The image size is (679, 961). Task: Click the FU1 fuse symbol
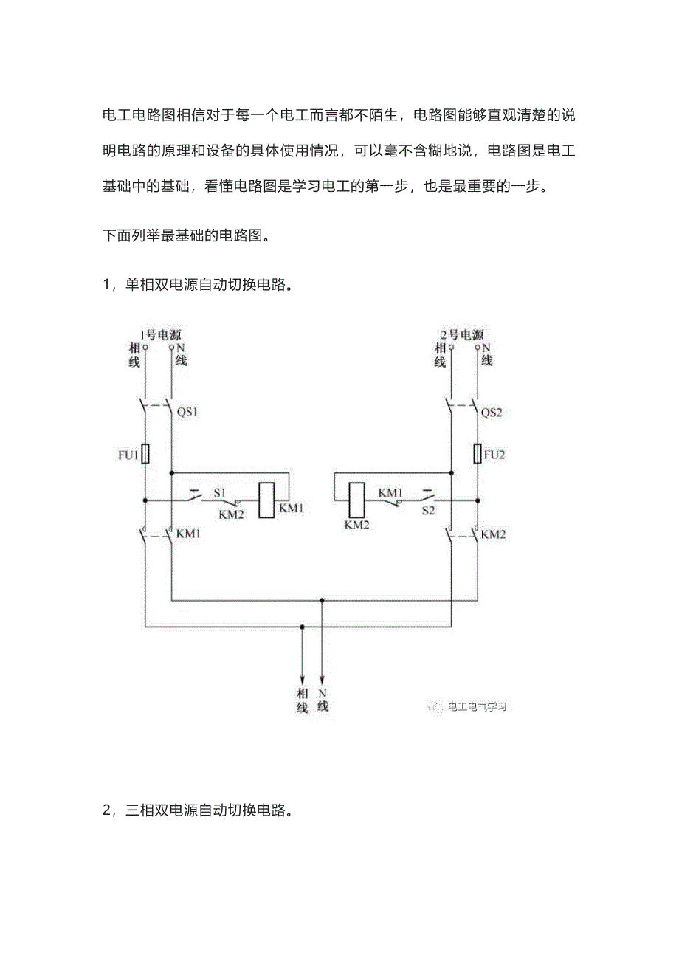click(x=145, y=454)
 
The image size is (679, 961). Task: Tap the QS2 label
click(x=492, y=413)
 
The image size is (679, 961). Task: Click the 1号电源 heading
click(x=160, y=334)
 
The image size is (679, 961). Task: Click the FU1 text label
click(x=128, y=455)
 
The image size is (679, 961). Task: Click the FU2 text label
click(x=494, y=454)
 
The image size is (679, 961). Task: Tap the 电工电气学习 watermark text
click(x=477, y=707)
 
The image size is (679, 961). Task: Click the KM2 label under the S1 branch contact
click(x=231, y=514)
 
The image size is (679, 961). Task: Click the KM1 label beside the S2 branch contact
click(x=391, y=491)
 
